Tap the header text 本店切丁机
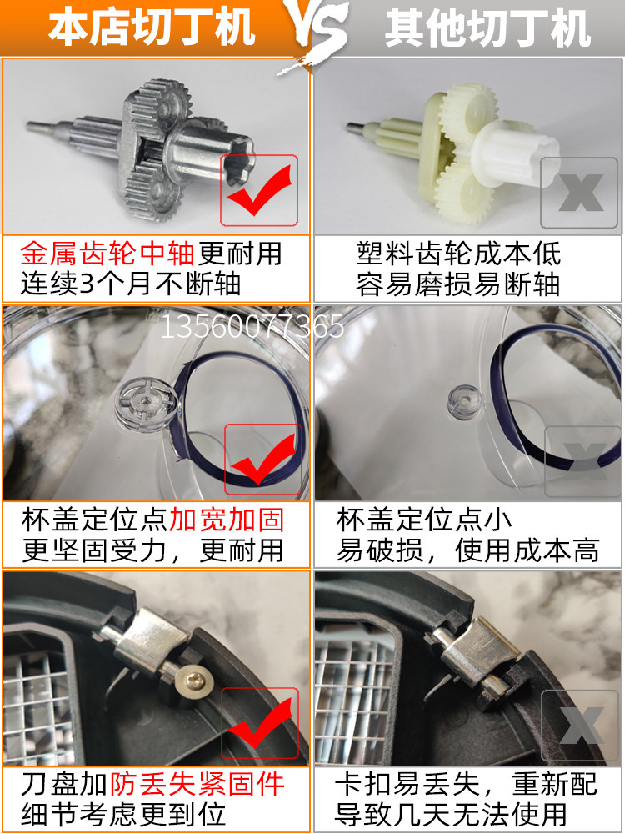point(152,28)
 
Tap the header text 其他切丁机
point(487,28)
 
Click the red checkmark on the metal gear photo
point(260,190)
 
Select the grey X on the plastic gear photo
point(581,192)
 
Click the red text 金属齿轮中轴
point(107,254)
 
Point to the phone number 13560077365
point(252,326)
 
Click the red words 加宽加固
point(227,520)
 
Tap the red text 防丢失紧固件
point(197,784)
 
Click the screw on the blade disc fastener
point(193,680)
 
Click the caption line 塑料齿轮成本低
point(458,254)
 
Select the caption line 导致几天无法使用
point(451,814)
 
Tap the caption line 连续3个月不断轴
point(131,284)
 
